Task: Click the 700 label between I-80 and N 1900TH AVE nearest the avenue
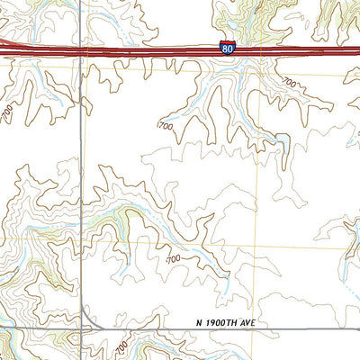[x=173, y=259]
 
